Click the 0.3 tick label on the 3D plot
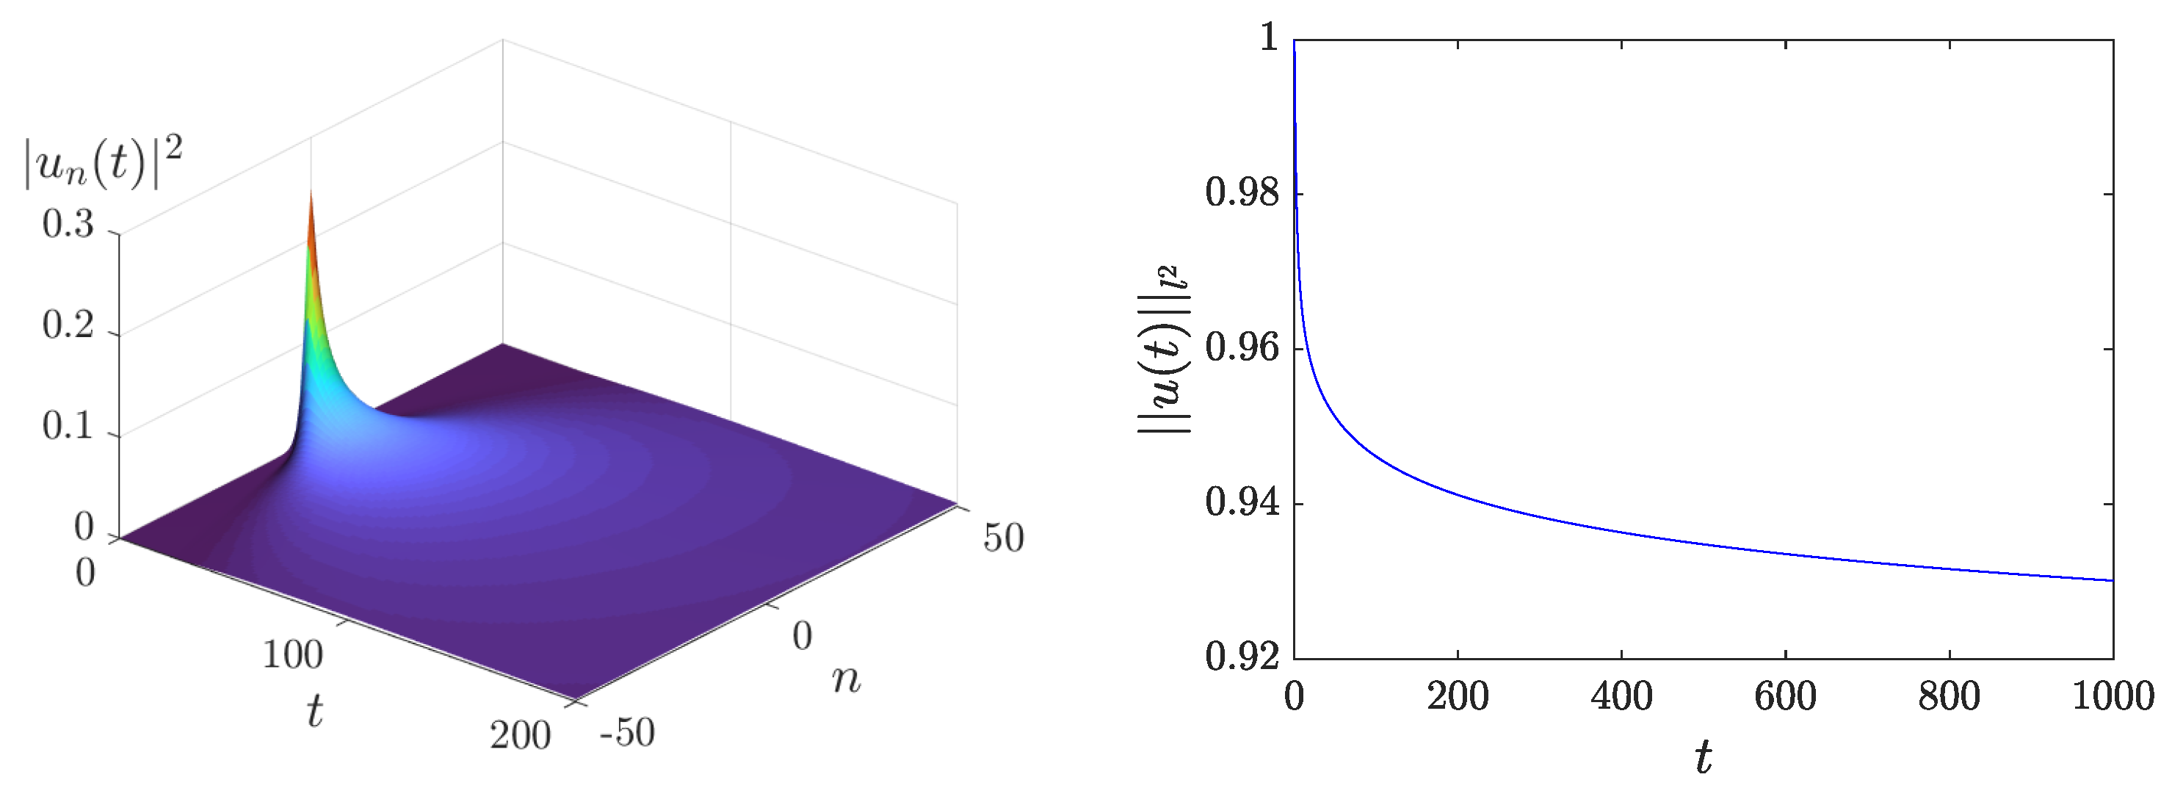tap(68, 225)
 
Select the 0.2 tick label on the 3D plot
tap(68, 325)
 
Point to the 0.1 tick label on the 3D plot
tap(68, 427)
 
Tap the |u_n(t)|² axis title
tap(103, 165)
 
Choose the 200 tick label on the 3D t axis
tap(520, 736)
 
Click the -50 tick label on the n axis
tap(627, 733)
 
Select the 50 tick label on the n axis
tap(1003, 539)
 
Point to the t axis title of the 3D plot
tap(314, 711)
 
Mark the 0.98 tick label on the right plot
tap(1242, 194)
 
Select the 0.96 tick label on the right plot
tap(1242, 349)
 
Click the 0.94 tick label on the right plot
tap(1242, 505)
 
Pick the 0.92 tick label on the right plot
tap(1242, 658)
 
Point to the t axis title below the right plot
tap(1704, 758)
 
